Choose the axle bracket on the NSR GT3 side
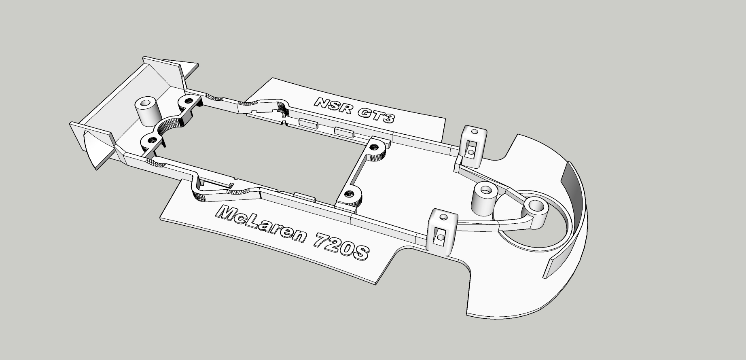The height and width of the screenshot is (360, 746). click(x=473, y=146)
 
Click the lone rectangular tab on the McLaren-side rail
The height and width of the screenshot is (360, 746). click(x=305, y=196)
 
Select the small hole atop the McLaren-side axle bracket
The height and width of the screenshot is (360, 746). click(x=444, y=217)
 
